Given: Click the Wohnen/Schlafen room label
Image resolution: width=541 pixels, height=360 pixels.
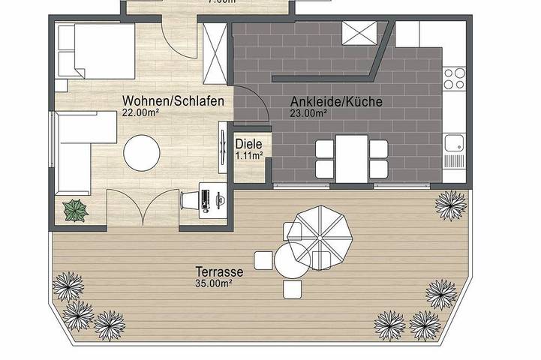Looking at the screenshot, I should (x=173, y=101).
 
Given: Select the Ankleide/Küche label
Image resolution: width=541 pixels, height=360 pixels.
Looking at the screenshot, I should (x=337, y=101).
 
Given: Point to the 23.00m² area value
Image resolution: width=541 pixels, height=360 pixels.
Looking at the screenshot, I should (x=308, y=113).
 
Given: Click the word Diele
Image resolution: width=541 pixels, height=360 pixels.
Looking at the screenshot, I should (x=249, y=144).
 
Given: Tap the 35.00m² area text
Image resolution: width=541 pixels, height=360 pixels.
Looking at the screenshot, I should (x=212, y=283).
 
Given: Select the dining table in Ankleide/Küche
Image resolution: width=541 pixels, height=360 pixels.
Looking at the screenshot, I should (x=352, y=157).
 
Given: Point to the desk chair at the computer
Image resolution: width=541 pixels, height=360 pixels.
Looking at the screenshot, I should (x=188, y=201).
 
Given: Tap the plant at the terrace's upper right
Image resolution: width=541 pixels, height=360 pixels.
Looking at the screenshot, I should (x=450, y=205).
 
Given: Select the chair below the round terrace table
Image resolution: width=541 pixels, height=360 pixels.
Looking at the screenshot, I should (x=292, y=289).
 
